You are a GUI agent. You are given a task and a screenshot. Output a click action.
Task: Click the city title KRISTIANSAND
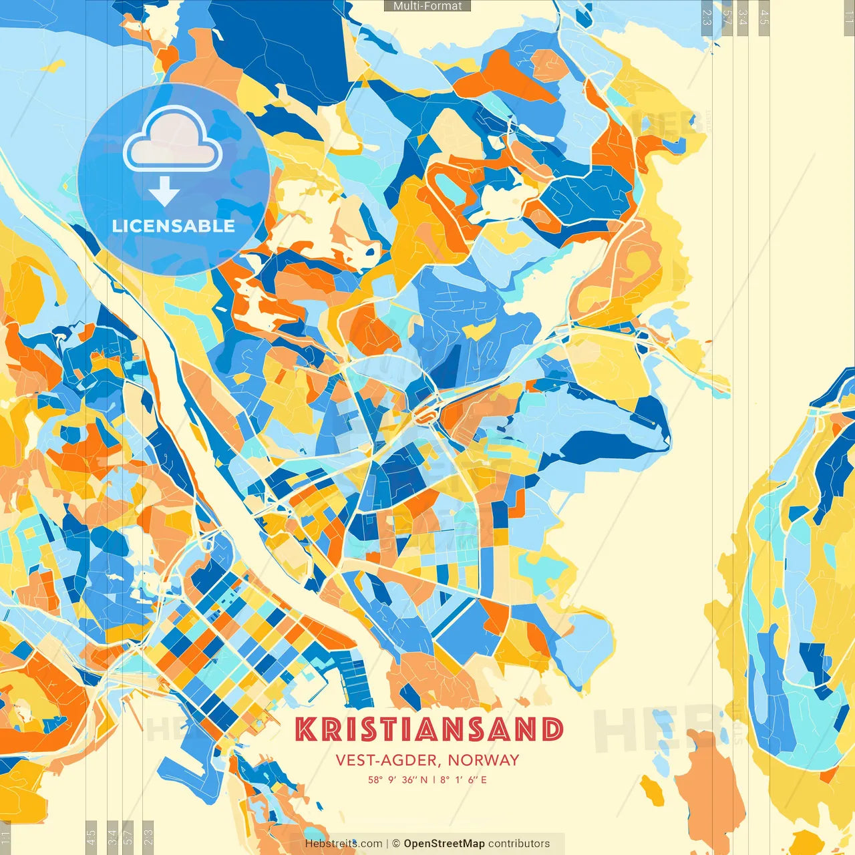429,729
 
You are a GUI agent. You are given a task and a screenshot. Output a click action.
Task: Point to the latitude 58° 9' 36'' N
397,780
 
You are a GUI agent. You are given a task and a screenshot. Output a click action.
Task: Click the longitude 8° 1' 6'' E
463,780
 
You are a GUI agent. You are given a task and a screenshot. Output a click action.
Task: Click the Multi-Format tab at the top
427,6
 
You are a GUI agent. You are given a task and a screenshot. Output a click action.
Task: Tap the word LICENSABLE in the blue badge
174,226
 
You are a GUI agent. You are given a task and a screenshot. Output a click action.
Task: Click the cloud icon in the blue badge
173,142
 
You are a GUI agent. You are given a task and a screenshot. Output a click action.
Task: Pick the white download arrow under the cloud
164,192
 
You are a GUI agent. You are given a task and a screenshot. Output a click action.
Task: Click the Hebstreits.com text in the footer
343,844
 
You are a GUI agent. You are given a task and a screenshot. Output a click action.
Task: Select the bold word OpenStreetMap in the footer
444,844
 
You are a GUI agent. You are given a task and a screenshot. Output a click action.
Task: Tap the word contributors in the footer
519,844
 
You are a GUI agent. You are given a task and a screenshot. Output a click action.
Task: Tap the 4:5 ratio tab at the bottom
91,837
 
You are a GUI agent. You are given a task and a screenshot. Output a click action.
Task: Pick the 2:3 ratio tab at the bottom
148,837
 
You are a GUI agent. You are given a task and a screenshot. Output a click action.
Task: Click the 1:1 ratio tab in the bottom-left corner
5,837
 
